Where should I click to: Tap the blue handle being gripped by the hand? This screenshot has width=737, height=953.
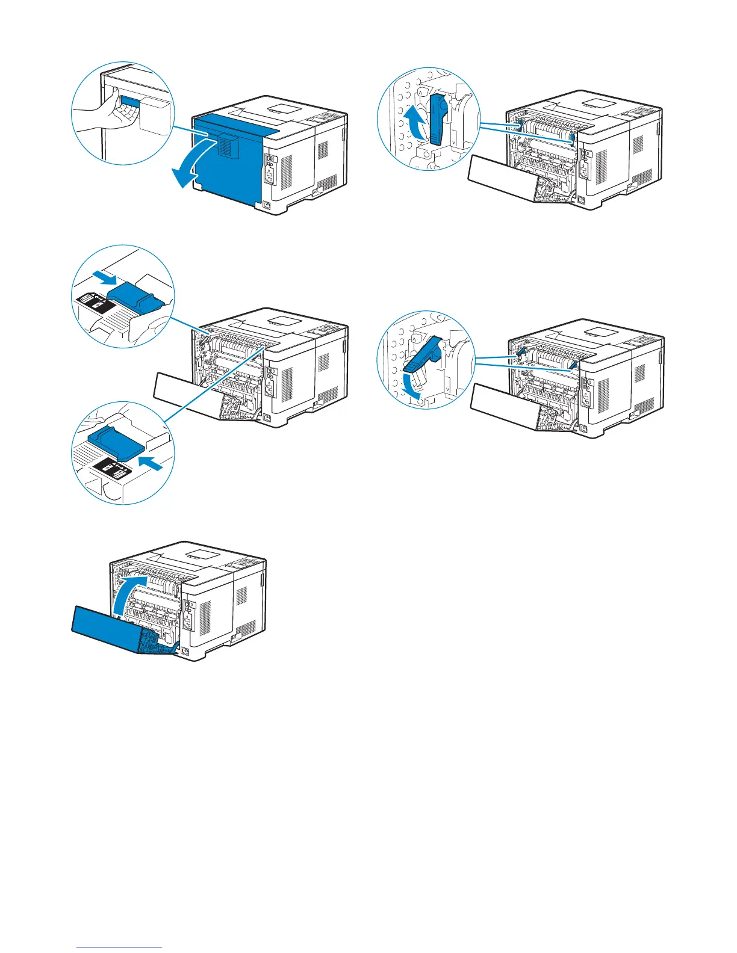[x=130, y=102]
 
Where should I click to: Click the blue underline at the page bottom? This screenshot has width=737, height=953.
[x=120, y=948]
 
